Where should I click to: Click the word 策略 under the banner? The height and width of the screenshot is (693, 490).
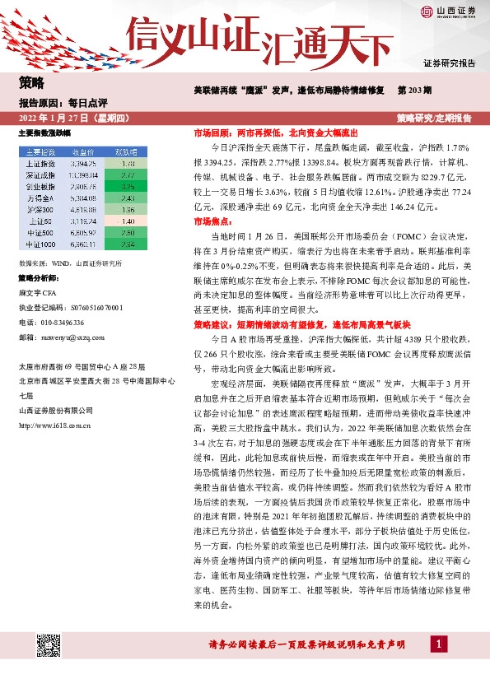(31, 81)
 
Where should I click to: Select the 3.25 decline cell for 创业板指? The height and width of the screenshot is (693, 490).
(127, 187)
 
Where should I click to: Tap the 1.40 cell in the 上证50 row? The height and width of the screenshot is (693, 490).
(127, 221)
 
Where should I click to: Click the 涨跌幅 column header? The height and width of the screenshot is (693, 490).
(126, 152)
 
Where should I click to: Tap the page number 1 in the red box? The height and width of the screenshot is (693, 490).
(441, 643)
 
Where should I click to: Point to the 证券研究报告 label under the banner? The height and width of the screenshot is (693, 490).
(449, 63)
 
